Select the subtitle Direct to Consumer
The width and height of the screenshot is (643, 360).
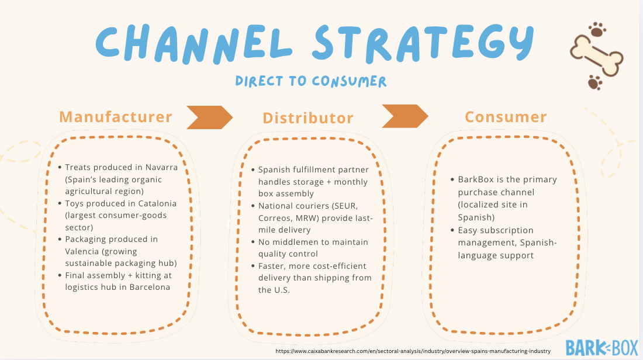[x=311, y=81]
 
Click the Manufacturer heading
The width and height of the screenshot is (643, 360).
[x=116, y=117]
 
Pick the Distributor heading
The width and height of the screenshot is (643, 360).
[x=308, y=118]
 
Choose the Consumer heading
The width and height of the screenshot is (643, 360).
[x=506, y=117]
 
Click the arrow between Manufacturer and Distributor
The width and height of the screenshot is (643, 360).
[x=209, y=117]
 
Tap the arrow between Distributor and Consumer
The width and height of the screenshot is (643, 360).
[x=405, y=116]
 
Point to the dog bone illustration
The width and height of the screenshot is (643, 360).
[x=597, y=56]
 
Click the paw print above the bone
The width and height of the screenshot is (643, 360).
[x=597, y=29]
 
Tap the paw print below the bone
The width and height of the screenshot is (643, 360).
[x=595, y=82]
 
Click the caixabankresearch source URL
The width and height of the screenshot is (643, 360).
[x=413, y=351]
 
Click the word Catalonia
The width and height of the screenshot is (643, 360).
[x=156, y=203]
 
